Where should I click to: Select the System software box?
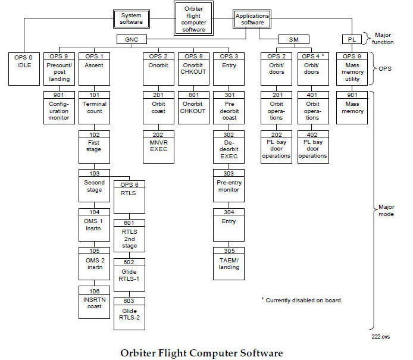click(132, 18)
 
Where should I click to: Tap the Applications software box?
click(252, 19)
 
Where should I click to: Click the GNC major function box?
click(131, 40)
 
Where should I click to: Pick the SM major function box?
click(293, 40)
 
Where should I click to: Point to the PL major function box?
click(351, 40)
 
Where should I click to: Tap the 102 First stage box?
click(94, 146)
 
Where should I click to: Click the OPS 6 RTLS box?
click(129, 196)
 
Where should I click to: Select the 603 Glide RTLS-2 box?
click(129, 313)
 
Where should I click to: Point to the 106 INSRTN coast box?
click(94, 301)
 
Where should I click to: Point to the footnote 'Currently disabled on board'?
click(304, 300)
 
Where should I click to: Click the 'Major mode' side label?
click(387, 211)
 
